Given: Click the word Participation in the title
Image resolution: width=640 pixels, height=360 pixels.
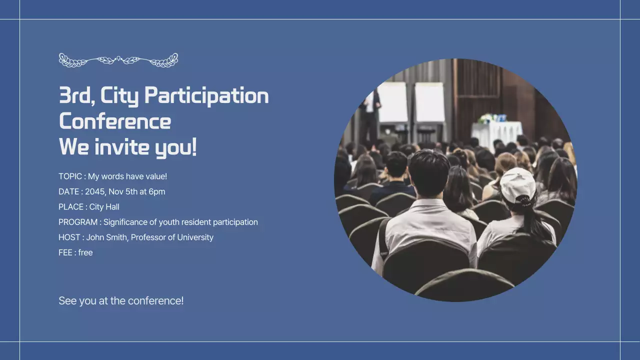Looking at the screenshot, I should [206, 96].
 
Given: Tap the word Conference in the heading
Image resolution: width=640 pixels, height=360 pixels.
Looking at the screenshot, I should [115, 121].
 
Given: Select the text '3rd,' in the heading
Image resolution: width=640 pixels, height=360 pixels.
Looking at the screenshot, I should [76, 96].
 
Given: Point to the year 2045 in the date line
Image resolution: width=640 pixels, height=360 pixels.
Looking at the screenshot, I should [94, 191].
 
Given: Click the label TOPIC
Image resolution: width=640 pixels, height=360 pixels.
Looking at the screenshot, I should [70, 176].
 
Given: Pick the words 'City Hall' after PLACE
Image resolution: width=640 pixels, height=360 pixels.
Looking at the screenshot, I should [104, 207].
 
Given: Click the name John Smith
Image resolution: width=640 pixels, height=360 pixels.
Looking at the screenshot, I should [106, 237].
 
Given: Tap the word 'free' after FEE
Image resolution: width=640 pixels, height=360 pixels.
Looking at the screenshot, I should [85, 252].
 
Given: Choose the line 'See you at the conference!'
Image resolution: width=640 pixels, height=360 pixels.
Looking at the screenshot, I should [121, 301].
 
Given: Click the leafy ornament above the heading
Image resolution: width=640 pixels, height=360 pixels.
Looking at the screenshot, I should [118, 60].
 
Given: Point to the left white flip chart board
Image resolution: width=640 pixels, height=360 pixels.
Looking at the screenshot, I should [392, 102].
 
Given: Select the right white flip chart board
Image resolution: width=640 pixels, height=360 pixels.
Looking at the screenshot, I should [429, 102].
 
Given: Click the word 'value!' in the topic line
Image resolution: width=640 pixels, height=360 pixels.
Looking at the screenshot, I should [156, 176].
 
